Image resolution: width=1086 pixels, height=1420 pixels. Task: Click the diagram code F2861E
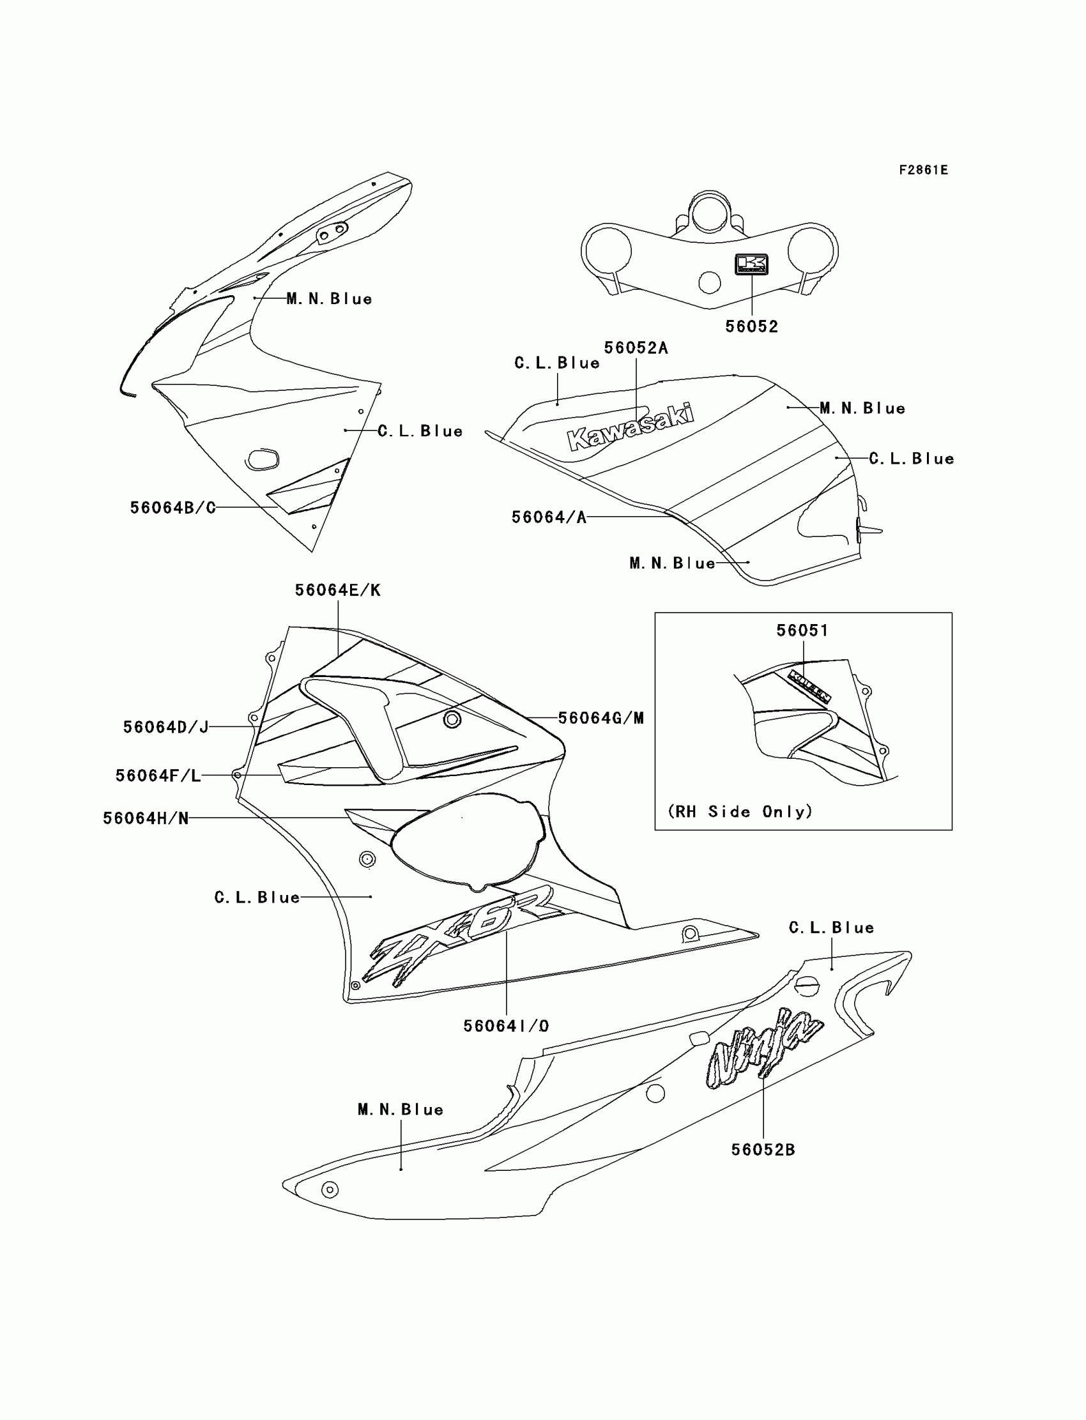(923, 170)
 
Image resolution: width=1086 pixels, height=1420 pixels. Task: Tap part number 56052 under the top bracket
(751, 326)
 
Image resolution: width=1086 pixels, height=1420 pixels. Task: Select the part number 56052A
(636, 347)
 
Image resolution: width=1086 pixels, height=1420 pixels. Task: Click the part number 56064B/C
(172, 508)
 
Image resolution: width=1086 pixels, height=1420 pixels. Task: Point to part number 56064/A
(549, 517)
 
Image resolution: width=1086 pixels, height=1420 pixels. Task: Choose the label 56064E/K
(337, 590)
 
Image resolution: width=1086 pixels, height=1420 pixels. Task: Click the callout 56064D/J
(165, 727)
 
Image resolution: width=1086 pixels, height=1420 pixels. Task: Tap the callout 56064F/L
(158, 775)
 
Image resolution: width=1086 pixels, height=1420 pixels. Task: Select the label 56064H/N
(146, 818)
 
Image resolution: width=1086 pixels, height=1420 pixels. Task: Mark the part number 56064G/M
(600, 718)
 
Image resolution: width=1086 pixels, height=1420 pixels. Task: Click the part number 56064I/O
(505, 1026)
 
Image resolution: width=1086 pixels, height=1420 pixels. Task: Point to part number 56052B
(763, 1150)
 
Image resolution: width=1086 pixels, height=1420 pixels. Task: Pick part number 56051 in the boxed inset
(802, 630)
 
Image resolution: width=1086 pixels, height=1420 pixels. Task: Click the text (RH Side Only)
(740, 811)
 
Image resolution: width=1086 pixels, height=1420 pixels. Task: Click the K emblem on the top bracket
(751, 264)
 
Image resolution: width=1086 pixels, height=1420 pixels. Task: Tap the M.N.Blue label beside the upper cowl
(329, 298)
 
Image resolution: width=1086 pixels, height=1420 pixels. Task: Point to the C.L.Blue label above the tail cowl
(831, 928)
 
